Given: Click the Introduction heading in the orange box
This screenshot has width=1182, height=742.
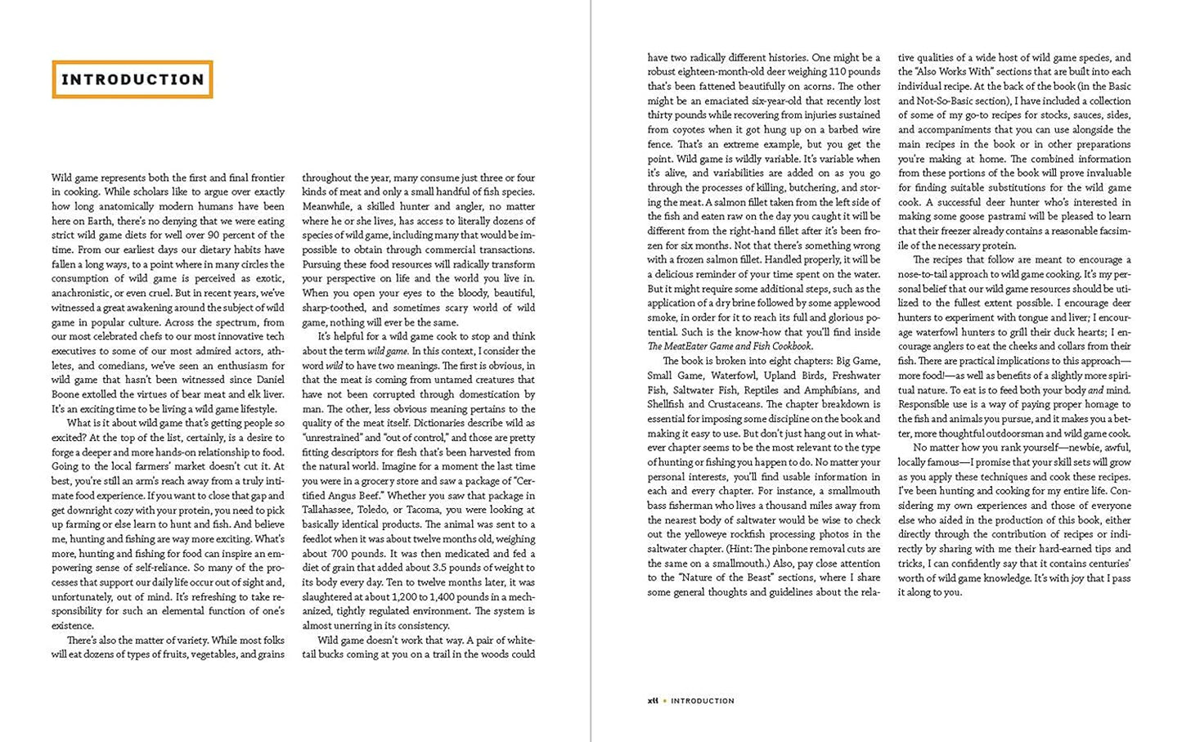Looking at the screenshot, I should point(133,79).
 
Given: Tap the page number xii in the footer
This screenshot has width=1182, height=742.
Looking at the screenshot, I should point(652,700).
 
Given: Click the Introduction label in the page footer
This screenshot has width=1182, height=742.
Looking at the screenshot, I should point(703,700).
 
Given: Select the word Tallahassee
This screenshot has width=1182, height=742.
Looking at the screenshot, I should point(331,510).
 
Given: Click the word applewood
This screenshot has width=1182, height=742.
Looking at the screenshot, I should point(854,303).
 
